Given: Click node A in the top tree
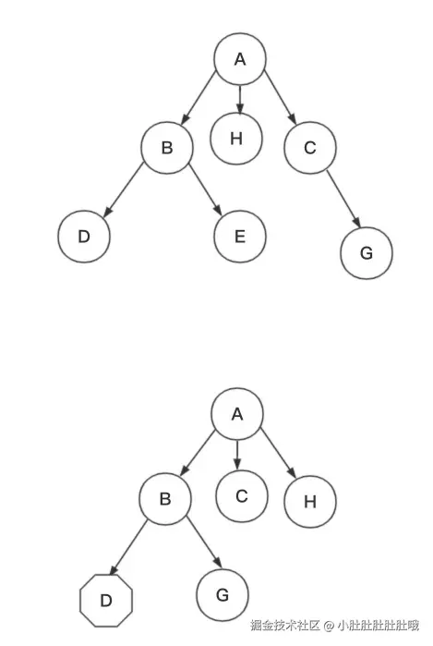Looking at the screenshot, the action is coord(240,59).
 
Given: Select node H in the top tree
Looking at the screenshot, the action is coord(235,139).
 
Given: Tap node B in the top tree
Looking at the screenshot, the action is coord(167,147).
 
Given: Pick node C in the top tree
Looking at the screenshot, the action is coord(309,147).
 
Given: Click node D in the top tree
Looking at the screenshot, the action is coord(83,236).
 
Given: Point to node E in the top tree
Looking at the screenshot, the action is coord(240,236).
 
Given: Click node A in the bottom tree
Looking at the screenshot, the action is coord(236,413).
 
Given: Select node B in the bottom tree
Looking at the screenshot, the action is coord(165,499).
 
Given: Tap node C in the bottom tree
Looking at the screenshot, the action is coord(241,495).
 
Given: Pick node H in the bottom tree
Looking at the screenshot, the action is coord(309,502).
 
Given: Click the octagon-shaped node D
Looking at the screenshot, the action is coord(106,601).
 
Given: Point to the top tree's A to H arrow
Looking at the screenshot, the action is coord(240,99).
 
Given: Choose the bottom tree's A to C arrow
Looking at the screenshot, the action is coord(237,453).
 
